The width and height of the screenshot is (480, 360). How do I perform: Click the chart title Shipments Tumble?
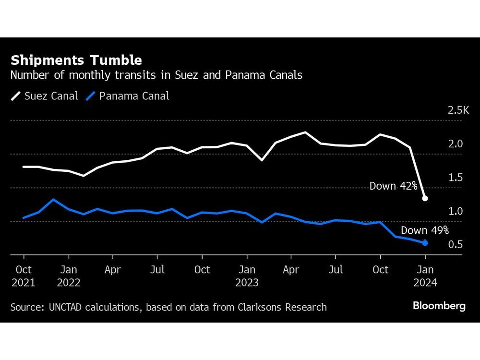click(x=76, y=60)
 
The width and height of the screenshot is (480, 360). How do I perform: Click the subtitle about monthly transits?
click(x=156, y=75)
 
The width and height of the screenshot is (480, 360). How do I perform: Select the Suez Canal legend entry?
click(x=44, y=96)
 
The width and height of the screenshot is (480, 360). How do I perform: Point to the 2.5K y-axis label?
click(x=458, y=111)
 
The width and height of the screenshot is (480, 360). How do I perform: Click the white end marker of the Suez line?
click(x=425, y=198)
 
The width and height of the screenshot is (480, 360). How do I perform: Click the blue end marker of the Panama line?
click(x=425, y=243)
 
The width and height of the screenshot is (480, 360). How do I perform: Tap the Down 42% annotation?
click(x=393, y=186)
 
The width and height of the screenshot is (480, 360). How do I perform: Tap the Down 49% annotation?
click(x=424, y=230)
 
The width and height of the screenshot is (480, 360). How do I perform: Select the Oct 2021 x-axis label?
click(x=23, y=276)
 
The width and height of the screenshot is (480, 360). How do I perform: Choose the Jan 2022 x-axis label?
click(x=68, y=276)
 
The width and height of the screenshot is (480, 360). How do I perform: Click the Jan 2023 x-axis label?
click(x=247, y=276)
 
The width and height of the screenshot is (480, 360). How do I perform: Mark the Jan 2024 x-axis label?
click(x=425, y=276)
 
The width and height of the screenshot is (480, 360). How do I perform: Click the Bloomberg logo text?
click(x=439, y=306)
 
